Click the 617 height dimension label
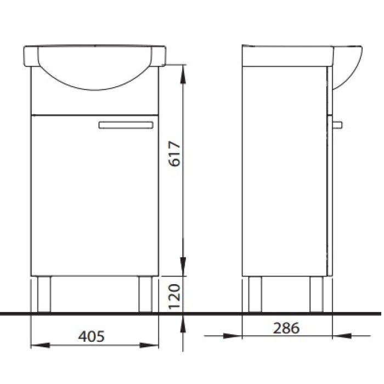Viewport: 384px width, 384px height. pos(175,154)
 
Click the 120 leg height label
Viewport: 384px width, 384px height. pos(175,296)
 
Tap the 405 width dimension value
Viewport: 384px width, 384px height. pos(92,336)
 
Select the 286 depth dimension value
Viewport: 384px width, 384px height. pos(286,328)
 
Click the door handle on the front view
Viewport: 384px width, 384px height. pos(126,125)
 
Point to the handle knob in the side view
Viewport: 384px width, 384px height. pos(337,125)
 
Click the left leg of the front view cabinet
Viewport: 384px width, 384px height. pos(44,295)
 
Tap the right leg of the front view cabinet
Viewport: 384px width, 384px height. pos(145,295)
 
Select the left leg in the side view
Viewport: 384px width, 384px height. pos(255,295)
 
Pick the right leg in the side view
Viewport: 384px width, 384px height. pos(317,295)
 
